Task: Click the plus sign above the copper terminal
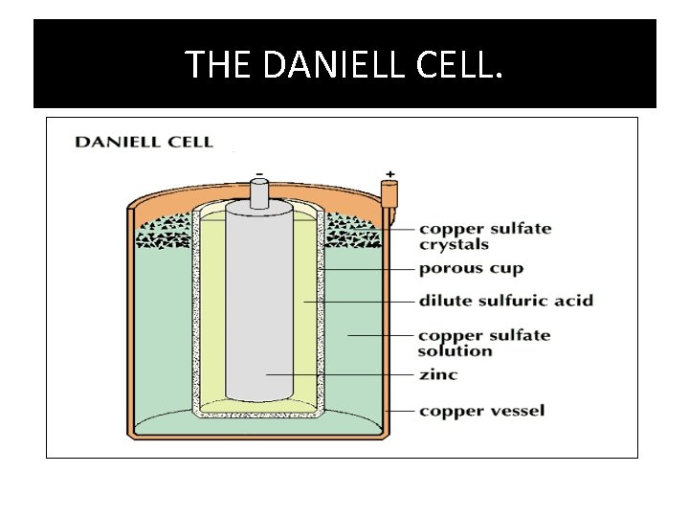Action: [389, 176]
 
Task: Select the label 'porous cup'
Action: [471, 269]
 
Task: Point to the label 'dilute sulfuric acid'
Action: [505, 301]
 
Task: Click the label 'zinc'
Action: [438, 374]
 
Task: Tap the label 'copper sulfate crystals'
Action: [485, 236]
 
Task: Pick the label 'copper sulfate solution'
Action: [484, 343]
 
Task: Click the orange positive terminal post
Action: [389, 195]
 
